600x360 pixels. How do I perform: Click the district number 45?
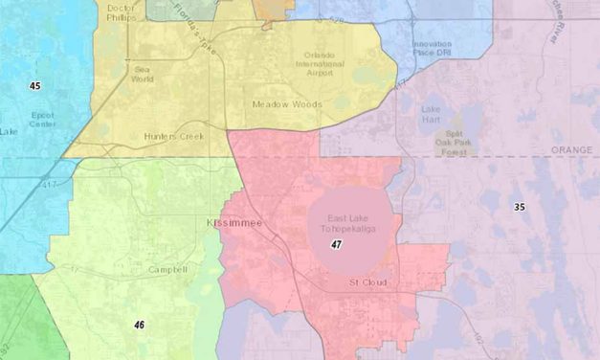click(x=35, y=86)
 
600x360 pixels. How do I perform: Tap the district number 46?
click(x=140, y=326)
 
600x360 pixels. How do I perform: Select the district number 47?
click(x=337, y=245)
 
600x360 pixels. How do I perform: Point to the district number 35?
click(x=520, y=207)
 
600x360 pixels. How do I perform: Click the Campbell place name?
click(x=167, y=270)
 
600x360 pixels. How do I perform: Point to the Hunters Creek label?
click(x=174, y=137)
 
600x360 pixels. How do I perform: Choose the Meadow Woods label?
click(x=287, y=103)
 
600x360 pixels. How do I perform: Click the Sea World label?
click(x=144, y=75)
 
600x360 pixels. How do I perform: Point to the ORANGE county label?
click(x=572, y=150)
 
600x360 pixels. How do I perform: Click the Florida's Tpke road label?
click(x=194, y=26)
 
